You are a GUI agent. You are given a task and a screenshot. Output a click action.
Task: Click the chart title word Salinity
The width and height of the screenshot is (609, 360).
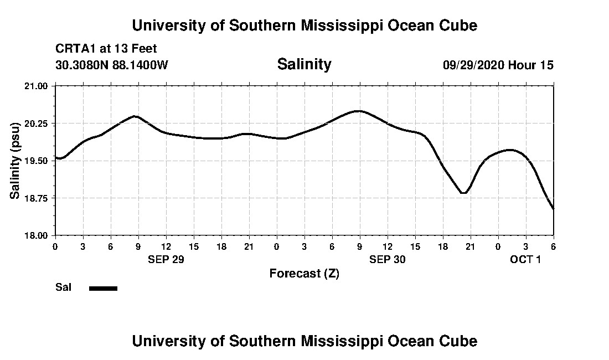(304, 64)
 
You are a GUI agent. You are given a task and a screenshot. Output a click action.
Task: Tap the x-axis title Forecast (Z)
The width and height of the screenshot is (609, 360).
(304, 273)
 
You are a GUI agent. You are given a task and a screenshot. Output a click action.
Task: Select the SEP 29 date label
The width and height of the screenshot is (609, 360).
(166, 259)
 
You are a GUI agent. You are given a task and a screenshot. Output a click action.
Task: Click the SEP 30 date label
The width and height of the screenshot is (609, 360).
(388, 259)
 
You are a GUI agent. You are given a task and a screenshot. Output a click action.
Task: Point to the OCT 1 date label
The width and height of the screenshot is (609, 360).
(525, 259)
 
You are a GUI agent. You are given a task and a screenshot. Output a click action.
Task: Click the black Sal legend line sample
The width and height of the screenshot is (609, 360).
(104, 288)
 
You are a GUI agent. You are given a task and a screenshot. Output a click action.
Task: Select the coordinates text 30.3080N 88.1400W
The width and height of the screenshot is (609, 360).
(112, 65)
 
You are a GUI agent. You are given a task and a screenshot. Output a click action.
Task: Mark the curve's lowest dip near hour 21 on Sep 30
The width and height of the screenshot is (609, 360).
(464, 193)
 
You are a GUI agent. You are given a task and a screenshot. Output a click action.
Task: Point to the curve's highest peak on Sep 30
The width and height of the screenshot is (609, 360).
(359, 111)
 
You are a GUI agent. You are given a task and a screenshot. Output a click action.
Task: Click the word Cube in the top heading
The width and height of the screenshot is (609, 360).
(458, 25)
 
